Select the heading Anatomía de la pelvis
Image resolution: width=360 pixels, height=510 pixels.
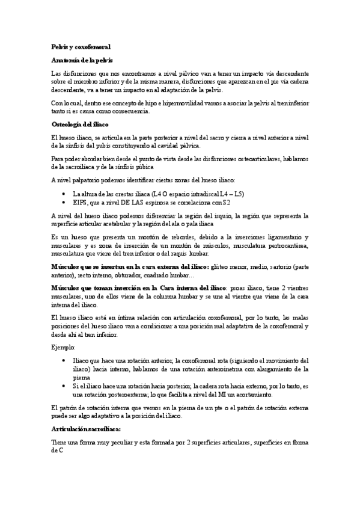pyautogui.click(x=81, y=61)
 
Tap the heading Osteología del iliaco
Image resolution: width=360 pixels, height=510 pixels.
pyautogui.click(x=83, y=124)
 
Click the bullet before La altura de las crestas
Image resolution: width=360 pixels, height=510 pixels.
pyautogui.click(x=64, y=194)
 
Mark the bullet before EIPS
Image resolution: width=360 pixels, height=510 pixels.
pyautogui.click(x=64, y=203)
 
